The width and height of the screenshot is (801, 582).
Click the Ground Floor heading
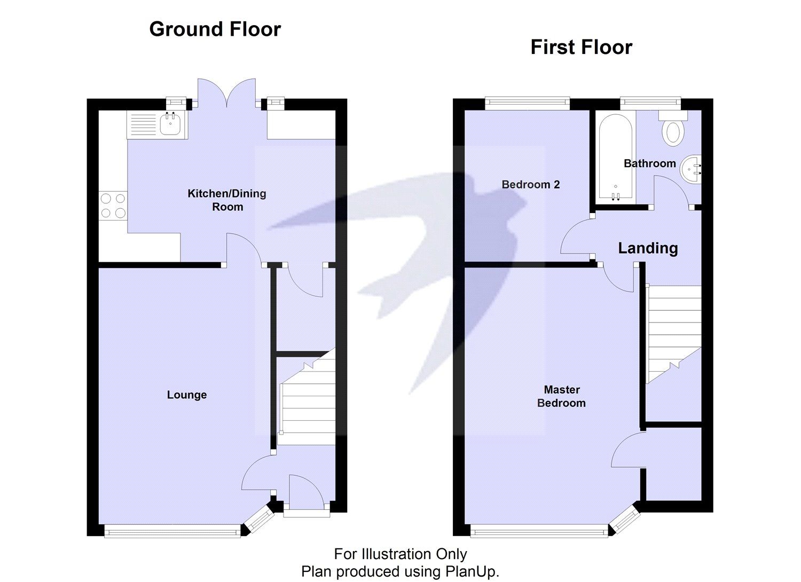(x=215, y=29)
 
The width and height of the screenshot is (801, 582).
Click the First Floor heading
(x=581, y=48)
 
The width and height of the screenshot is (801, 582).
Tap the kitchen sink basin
(x=171, y=124)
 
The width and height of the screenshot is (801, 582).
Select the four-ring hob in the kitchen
(x=113, y=206)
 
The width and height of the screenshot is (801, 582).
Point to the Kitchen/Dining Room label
(x=227, y=200)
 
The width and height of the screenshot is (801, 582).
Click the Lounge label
(x=187, y=395)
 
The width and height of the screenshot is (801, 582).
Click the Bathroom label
(x=649, y=163)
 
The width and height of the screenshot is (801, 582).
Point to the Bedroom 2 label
(x=530, y=185)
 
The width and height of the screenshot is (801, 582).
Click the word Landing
(x=648, y=248)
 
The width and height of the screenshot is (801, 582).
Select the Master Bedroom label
(x=561, y=397)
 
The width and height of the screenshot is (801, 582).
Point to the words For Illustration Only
(x=400, y=554)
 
